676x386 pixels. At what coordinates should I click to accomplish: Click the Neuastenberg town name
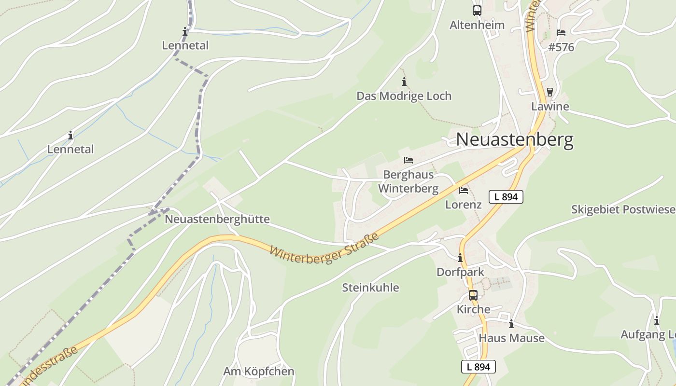[x=515, y=139]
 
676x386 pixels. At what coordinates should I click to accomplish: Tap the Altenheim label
[x=477, y=25]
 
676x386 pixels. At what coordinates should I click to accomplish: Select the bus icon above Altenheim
[x=477, y=10]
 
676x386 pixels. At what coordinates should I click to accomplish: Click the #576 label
[x=561, y=47]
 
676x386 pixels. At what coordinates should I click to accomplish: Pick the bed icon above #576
[x=561, y=33]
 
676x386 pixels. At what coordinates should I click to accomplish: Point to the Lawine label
[x=550, y=107]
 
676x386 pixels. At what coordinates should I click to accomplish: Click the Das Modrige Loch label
[x=404, y=96]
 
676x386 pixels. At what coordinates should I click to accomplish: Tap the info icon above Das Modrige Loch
[x=404, y=82]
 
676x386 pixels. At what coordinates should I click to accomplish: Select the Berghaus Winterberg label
[x=408, y=181]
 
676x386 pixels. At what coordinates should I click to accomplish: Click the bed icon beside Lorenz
[x=464, y=191]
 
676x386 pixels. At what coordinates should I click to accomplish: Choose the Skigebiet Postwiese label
[x=623, y=209]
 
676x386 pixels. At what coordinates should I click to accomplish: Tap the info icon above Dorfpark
[x=460, y=258]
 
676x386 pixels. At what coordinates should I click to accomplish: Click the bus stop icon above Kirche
[x=473, y=295]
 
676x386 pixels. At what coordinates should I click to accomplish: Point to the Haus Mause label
[x=511, y=338]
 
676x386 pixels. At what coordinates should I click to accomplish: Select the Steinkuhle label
[x=370, y=288]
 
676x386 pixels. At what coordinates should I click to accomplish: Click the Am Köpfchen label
[x=258, y=372]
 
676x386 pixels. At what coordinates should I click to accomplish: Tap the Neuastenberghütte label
[x=217, y=219]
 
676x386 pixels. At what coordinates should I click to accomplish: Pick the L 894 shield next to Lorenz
[x=506, y=197]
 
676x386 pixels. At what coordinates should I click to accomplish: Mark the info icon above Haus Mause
[x=511, y=324]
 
